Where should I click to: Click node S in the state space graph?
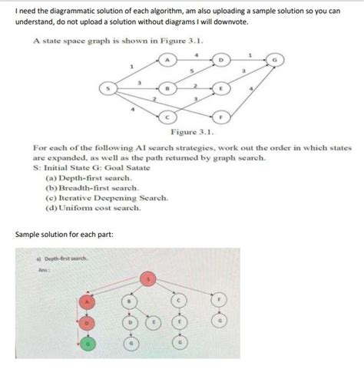[x=109, y=89]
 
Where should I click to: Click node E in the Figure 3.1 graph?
[x=220, y=89]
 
